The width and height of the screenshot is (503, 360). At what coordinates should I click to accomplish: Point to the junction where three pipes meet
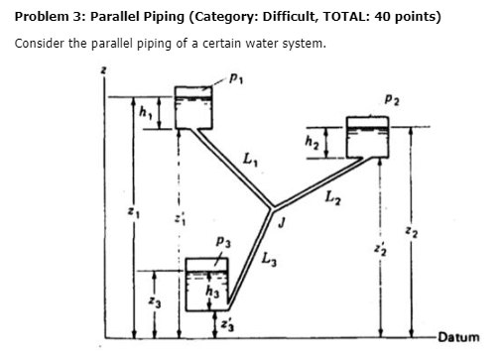pyautogui.click(x=270, y=207)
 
